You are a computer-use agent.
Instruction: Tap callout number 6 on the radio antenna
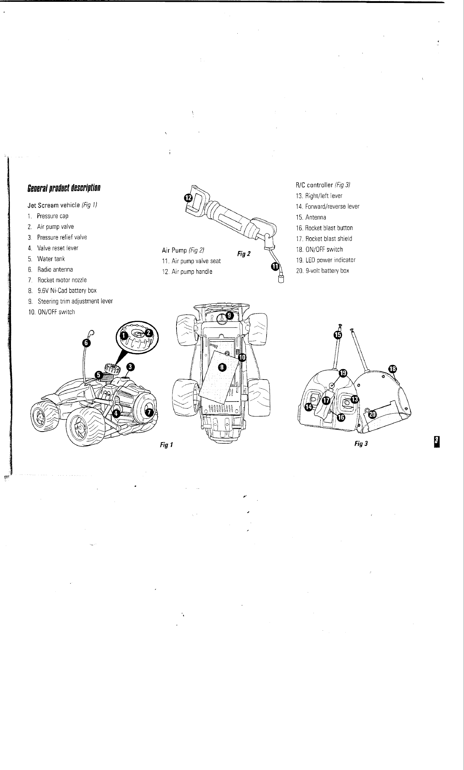tap(86, 342)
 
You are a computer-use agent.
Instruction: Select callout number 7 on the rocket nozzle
tap(149, 412)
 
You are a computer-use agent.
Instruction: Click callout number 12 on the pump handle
tap(188, 198)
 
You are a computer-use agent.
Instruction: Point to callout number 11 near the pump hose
tap(275, 267)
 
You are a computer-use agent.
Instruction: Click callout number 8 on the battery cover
tap(222, 367)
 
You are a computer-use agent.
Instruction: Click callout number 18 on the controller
tap(392, 369)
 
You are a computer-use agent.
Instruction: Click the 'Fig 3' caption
tap(361, 444)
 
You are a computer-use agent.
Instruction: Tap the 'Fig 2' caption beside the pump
tap(244, 254)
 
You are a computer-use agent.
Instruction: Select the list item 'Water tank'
tap(51, 259)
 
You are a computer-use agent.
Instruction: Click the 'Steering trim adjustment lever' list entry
tap(75, 301)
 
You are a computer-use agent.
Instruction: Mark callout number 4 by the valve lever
tap(116, 413)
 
